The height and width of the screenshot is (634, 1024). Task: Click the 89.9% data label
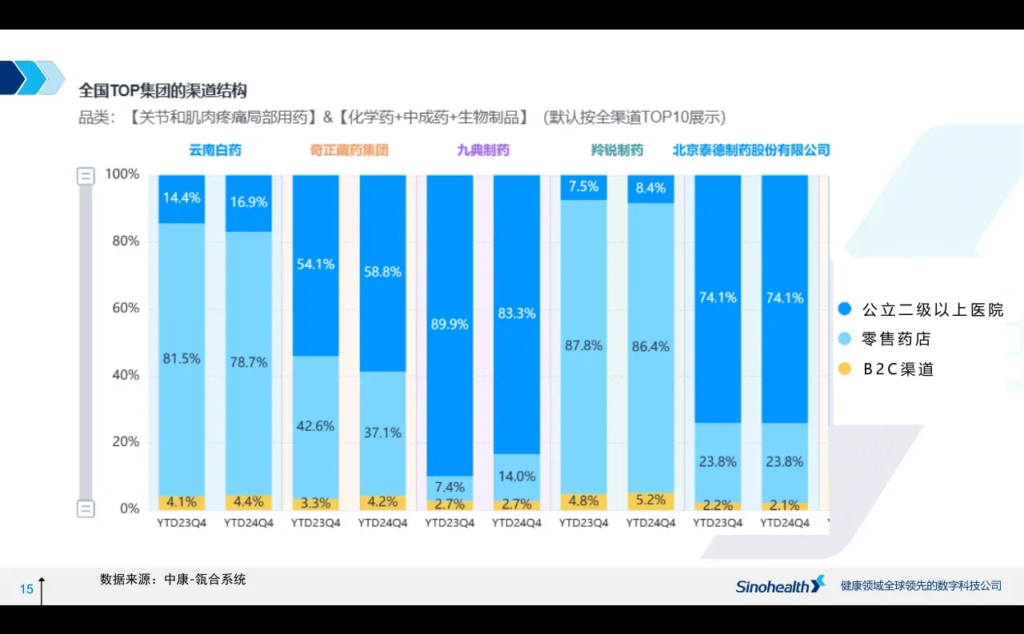[x=449, y=325]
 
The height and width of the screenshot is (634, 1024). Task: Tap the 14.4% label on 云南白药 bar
[x=182, y=197]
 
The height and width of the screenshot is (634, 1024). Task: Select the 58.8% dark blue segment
[x=382, y=272]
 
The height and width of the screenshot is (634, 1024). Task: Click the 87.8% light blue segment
[x=583, y=345]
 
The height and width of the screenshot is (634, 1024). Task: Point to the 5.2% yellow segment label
[x=650, y=500]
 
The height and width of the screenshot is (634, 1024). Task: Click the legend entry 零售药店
[x=897, y=339]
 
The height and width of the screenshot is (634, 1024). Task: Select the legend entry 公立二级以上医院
[x=932, y=309]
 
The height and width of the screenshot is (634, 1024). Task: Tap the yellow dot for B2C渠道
[x=845, y=369]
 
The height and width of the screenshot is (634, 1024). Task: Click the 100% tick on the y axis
[x=122, y=174]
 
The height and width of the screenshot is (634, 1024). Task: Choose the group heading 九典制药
[x=482, y=150]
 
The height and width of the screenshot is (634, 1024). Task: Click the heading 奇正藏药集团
[x=349, y=150]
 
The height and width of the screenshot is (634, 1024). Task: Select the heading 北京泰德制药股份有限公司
[x=750, y=150]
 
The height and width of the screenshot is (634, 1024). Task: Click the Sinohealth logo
[x=780, y=586]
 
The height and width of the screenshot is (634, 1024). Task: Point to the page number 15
[x=26, y=589]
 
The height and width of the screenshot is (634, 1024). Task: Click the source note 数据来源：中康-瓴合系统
[x=173, y=580]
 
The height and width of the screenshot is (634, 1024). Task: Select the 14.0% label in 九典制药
[x=516, y=476]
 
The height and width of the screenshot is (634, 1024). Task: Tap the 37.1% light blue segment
[x=382, y=433]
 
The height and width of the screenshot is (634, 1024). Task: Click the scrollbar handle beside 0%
[x=86, y=508]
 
